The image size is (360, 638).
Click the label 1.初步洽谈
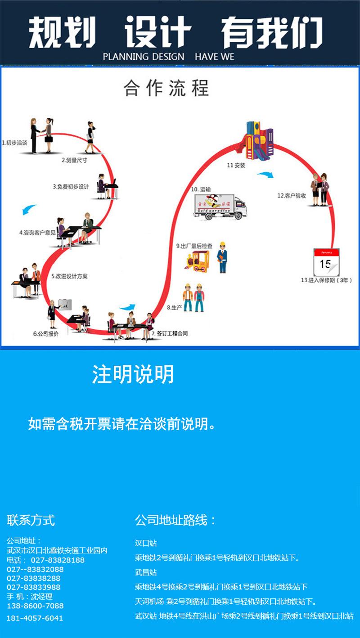coord(15,143)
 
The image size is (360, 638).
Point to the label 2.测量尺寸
coord(74,160)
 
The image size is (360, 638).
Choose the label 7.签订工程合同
coord(169,333)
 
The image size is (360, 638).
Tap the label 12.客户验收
coord(292,195)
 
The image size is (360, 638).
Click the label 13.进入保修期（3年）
coord(326,280)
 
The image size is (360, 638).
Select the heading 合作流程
coord(166,88)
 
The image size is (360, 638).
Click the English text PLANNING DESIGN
coord(144,57)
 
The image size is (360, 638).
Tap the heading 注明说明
coord(133,374)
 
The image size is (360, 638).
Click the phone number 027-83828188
coord(57,560)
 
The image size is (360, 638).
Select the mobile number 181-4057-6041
coord(35,618)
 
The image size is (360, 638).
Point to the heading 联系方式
coord(31,520)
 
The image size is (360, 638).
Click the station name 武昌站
coord(146,572)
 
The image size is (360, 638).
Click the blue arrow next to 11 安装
coord(265,174)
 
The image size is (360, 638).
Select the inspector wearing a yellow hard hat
coord(221,257)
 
